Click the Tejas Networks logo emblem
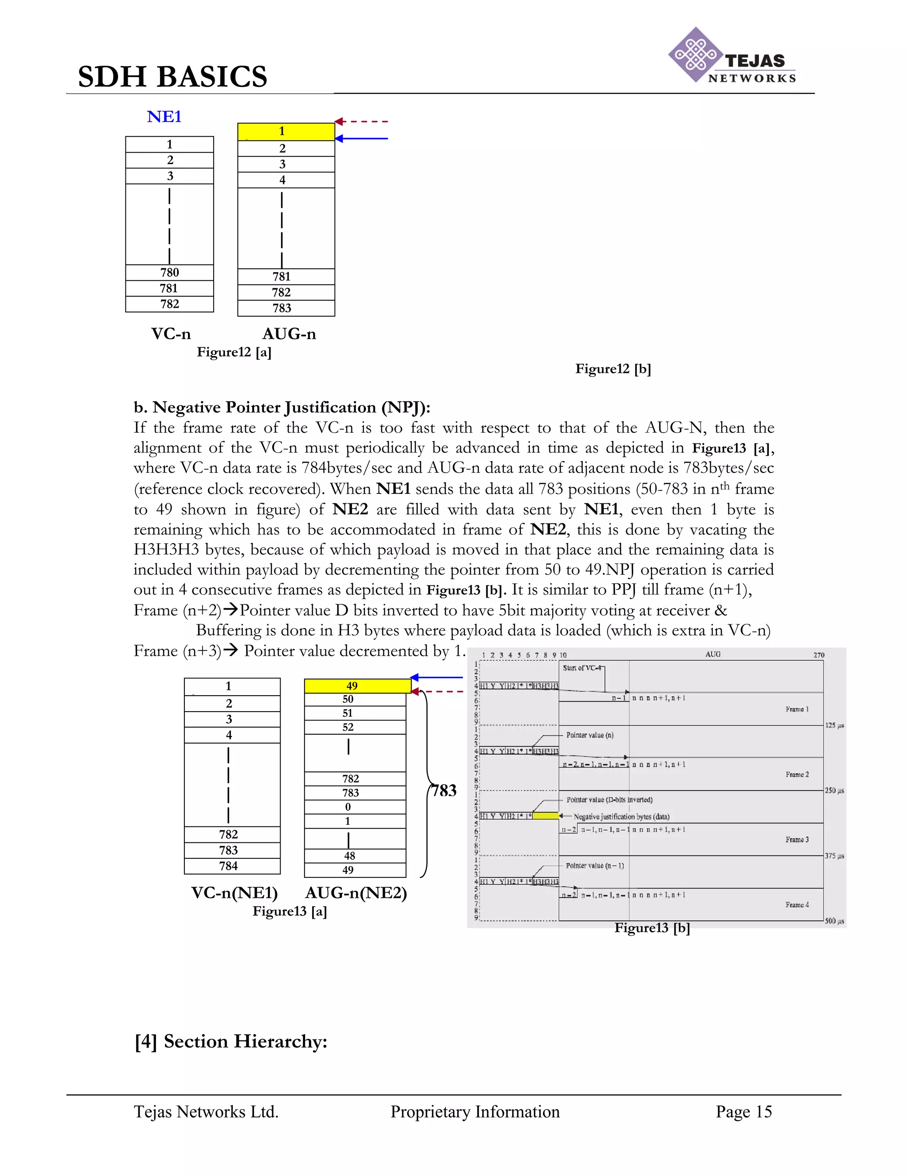pos(695,55)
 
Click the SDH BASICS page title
pos(172,76)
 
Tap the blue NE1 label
pos(164,117)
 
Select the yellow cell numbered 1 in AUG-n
pos(286,131)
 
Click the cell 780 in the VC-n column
pos(169,273)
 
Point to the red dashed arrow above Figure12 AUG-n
pos(361,121)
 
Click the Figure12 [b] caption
pos(613,369)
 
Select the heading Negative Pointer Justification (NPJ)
pos(282,407)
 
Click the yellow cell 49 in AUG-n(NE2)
pos(357,686)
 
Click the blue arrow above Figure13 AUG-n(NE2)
pos(436,678)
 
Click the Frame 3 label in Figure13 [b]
pos(797,840)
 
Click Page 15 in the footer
pos(744,1112)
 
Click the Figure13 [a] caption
pos(290,911)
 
